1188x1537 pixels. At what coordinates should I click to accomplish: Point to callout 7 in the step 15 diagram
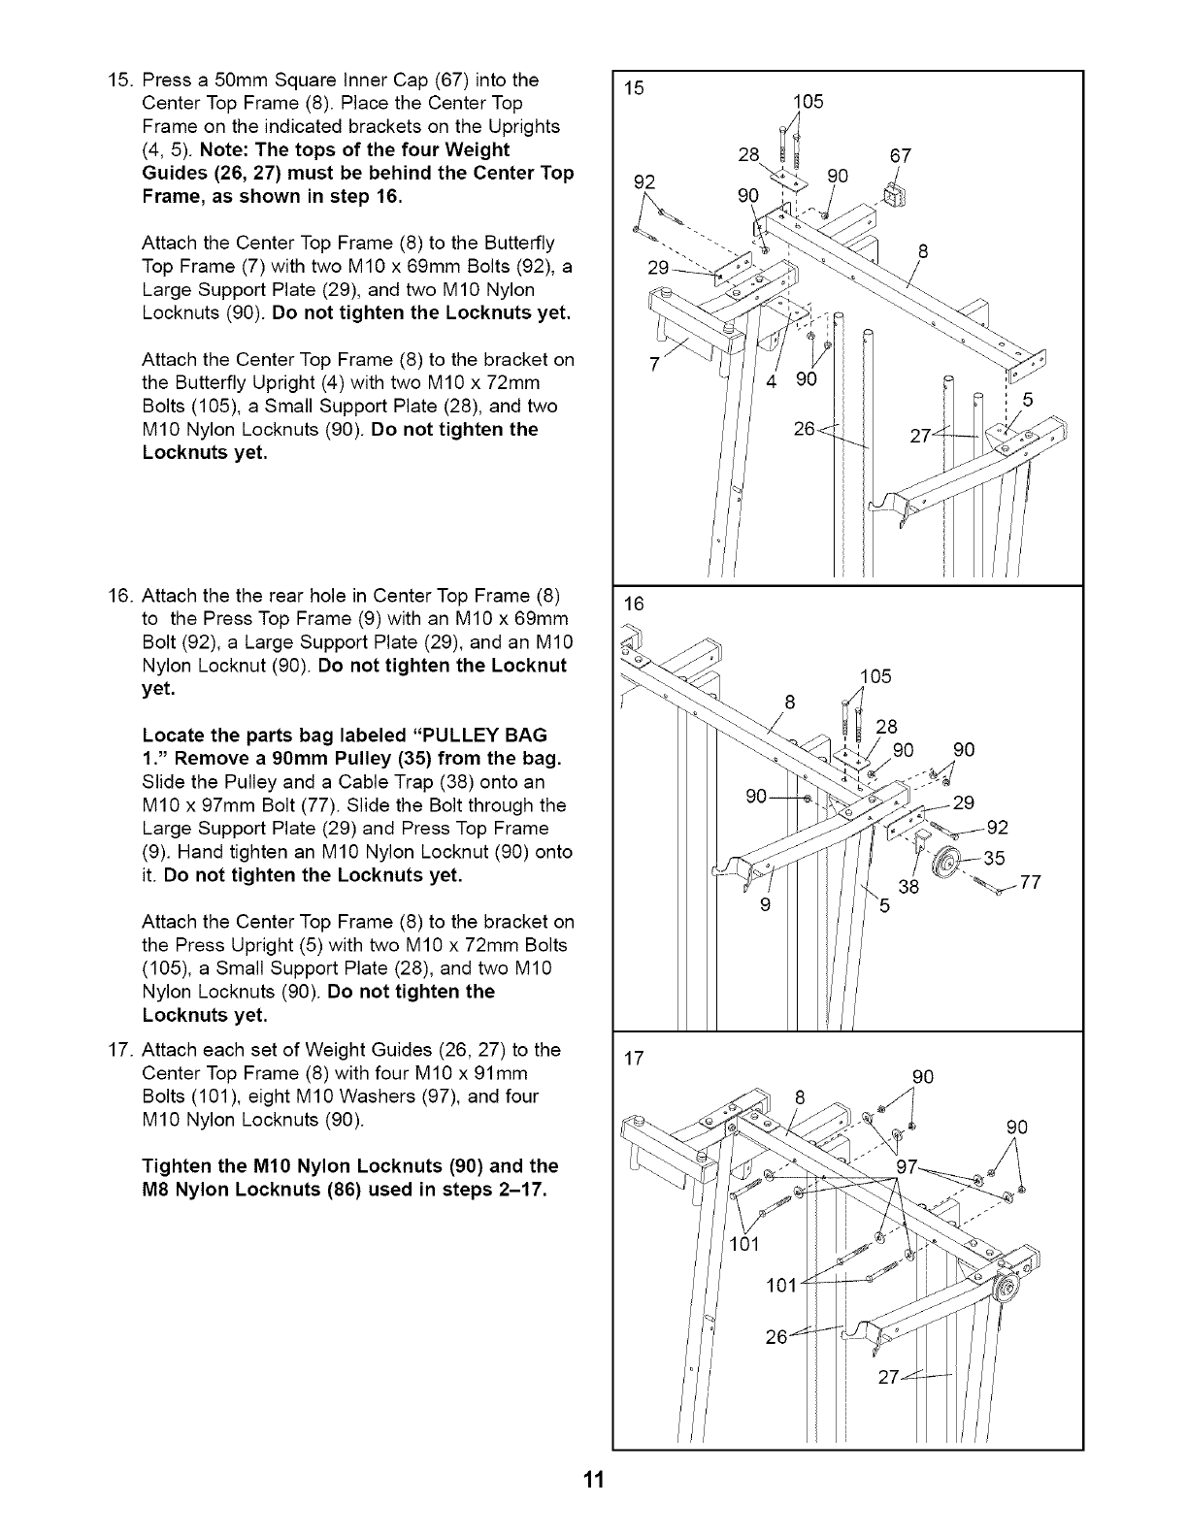(x=654, y=363)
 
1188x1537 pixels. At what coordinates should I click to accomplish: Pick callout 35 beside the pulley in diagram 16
(x=994, y=857)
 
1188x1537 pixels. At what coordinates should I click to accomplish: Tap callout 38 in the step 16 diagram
(x=908, y=886)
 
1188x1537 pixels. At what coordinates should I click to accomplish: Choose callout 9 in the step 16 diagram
(x=765, y=906)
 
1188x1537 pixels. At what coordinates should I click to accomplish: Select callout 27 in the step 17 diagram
(x=890, y=1379)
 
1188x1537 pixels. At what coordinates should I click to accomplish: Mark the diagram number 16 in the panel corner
(x=634, y=604)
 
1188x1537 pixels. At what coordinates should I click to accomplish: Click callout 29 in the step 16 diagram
(x=964, y=801)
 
